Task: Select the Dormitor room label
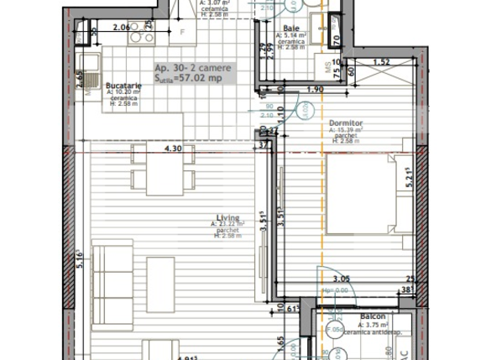pos(345,122)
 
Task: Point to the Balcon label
pos(374,317)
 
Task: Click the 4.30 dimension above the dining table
pos(173,149)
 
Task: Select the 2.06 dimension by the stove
pos(121,28)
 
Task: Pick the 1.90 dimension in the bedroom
pos(316,90)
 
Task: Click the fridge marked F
pos(181,33)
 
